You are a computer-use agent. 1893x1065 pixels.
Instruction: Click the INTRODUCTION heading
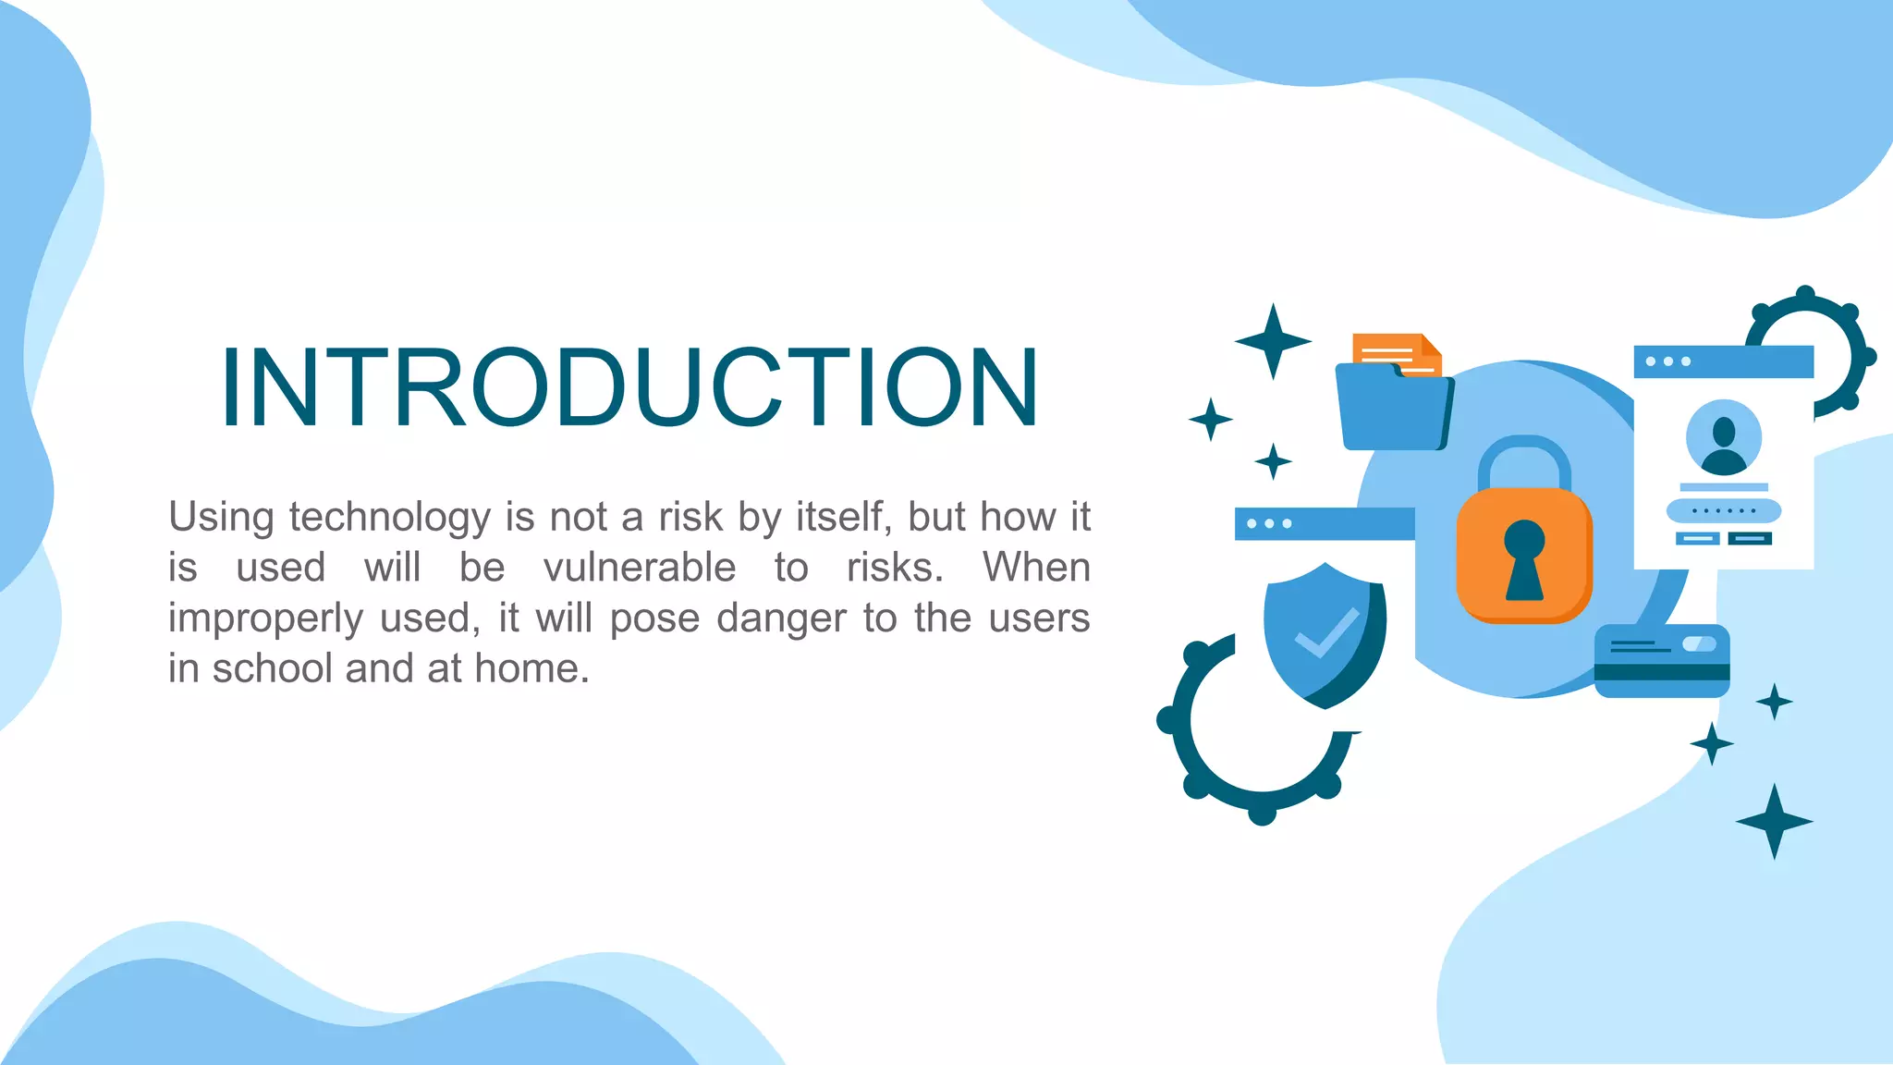coord(629,387)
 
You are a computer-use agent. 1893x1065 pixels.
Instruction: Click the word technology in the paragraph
coord(389,517)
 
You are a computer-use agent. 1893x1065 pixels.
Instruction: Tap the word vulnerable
coord(639,568)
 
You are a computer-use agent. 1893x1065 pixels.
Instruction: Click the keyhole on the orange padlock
coord(1524,558)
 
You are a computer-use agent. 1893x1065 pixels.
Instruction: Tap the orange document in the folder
coord(1394,351)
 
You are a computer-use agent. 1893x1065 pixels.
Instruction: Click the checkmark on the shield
coord(1326,633)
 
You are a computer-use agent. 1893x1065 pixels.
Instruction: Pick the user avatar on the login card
coord(1723,437)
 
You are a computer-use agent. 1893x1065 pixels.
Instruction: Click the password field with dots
coord(1723,510)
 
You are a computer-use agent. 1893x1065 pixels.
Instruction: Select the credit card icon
coord(1662,661)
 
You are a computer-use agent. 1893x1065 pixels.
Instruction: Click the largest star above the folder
coord(1273,341)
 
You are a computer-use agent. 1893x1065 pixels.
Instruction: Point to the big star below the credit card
coord(1774,821)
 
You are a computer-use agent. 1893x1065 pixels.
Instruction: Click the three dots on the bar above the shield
coord(1269,523)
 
